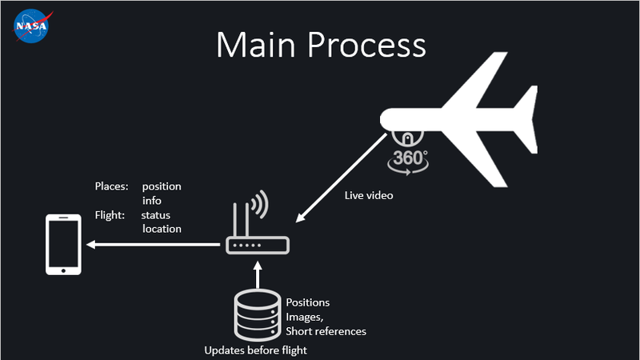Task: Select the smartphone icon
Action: coord(64,244)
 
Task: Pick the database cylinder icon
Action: coord(256,315)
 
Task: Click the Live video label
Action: coord(369,195)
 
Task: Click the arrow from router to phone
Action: coord(152,244)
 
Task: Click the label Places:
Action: coord(111,186)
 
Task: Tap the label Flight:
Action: coord(110,215)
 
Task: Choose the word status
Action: coord(156,215)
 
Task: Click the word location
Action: coord(162,230)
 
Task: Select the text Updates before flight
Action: coord(255,350)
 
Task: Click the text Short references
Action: coord(326,331)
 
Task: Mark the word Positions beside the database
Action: coord(308,302)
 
